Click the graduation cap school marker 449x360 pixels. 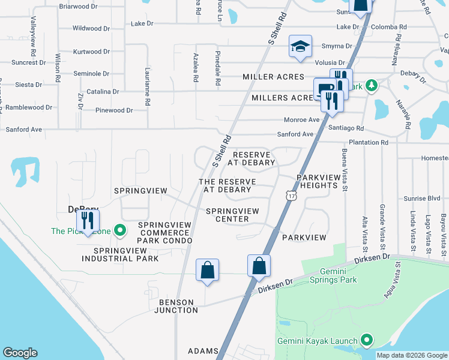coord(300,47)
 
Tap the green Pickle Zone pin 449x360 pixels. coord(119,230)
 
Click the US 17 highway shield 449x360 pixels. coord(292,196)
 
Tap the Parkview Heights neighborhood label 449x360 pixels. coord(317,181)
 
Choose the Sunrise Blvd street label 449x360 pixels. coord(423,197)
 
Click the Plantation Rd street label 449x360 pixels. coord(368,142)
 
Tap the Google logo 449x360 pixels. coord(20,353)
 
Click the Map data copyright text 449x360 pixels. coord(412,355)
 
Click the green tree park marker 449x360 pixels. coord(372,85)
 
